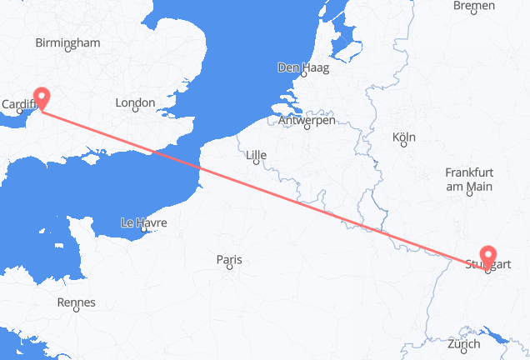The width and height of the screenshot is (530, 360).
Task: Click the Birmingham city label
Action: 68,43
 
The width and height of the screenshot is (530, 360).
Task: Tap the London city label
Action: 135,102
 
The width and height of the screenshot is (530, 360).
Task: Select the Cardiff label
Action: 18,104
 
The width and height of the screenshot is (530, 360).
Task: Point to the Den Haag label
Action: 303,67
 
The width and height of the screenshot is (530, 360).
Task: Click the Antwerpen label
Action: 307,121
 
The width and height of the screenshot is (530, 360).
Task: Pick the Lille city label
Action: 257,153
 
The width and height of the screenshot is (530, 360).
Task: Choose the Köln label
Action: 403,136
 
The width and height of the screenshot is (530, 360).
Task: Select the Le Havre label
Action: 144,222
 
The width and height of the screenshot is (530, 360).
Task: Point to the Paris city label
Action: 229,260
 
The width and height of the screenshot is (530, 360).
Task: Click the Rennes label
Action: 76,302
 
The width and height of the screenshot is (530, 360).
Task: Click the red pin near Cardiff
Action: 40,97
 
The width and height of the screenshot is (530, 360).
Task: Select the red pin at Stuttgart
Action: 487,255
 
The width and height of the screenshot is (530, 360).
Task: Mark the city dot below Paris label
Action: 228,270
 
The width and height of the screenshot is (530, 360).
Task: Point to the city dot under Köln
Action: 403,145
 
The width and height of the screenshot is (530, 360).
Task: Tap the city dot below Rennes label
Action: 76,312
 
